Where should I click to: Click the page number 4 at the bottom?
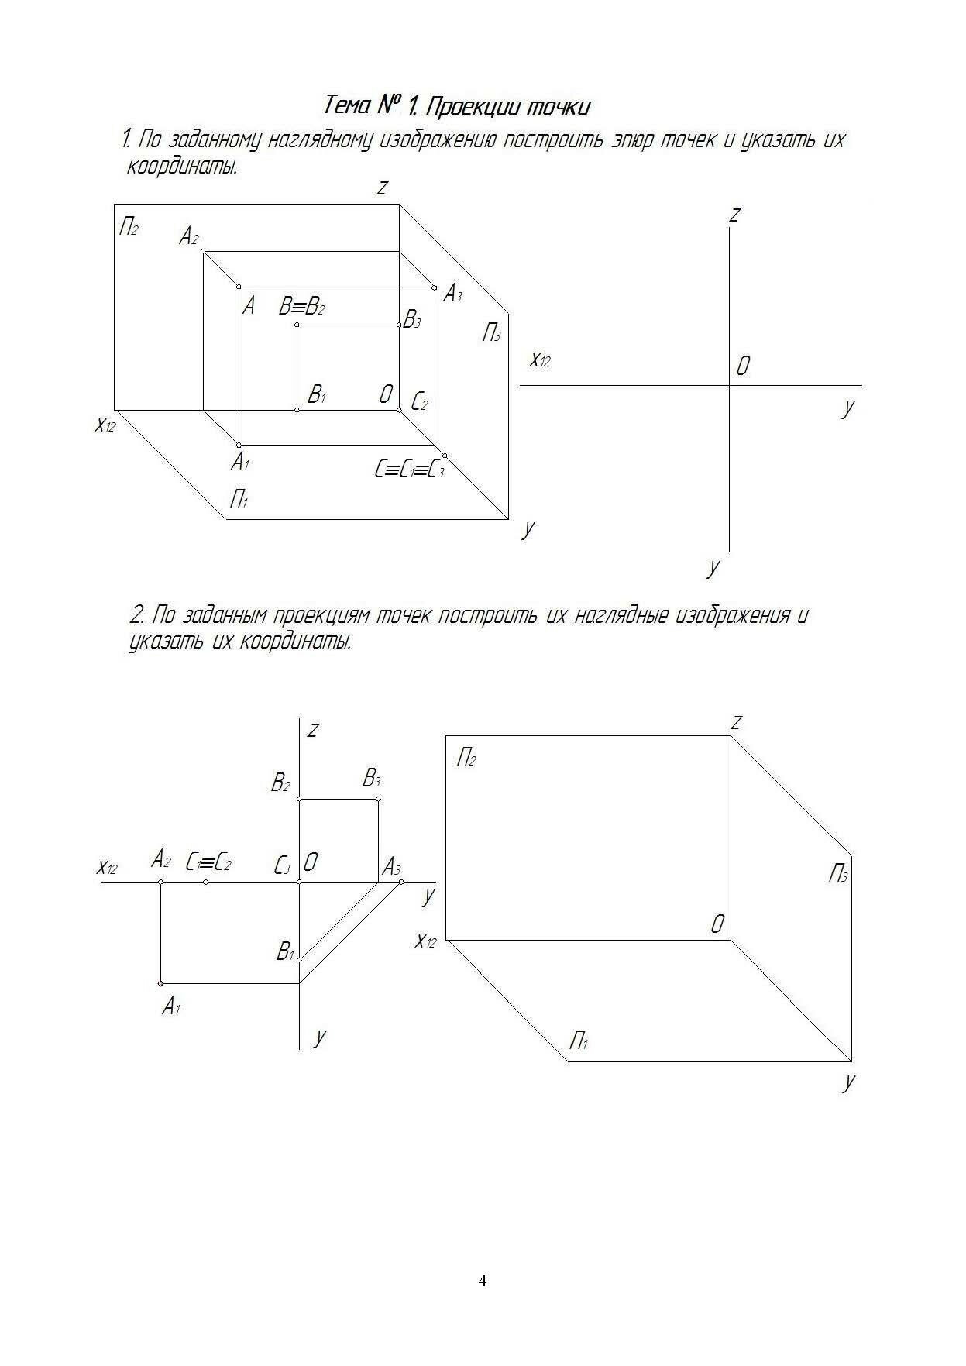pyautogui.click(x=483, y=1280)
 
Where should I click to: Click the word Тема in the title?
pyautogui.click(x=346, y=105)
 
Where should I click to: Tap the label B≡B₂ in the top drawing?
pyautogui.click(x=301, y=307)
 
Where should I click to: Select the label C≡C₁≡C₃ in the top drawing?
pyautogui.click(x=409, y=470)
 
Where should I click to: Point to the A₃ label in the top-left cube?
pyautogui.click(x=452, y=294)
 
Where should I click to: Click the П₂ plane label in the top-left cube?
pyautogui.click(x=129, y=227)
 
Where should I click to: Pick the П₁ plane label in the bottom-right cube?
pyautogui.click(x=579, y=1041)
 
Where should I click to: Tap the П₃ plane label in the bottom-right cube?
pyautogui.click(x=838, y=876)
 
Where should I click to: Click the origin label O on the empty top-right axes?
pyautogui.click(x=742, y=366)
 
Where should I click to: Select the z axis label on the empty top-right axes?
pyautogui.click(x=734, y=213)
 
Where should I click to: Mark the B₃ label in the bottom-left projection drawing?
pyautogui.click(x=372, y=779)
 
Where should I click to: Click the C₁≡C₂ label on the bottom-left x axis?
pyautogui.click(x=208, y=862)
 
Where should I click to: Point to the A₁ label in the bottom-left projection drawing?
pyautogui.click(x=171, y=1006)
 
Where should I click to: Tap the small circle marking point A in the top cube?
pyautogui.click(x=239, y=287)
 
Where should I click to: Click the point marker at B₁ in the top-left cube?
pyautogui.click(x=297, y=409)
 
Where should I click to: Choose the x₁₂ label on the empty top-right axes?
pyautogui.click(x=540, y=360)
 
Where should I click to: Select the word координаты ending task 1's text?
pyautogui.click(x=182, y=167)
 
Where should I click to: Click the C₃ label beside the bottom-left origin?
pyautogui.click(x=282, y=865)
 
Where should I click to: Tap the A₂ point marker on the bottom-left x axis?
pyautogui.click(x=160, y=882)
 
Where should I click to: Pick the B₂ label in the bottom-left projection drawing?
pyautogui.click(x=280, y=783)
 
